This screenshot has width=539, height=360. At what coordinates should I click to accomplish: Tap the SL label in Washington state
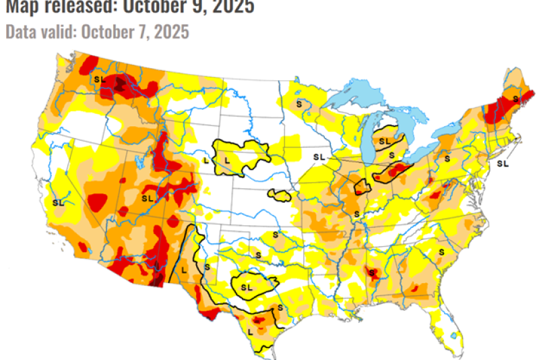[100, 79]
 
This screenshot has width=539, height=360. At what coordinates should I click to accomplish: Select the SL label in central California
[59, 202]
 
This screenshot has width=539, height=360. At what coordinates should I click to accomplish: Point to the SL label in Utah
[148, 198]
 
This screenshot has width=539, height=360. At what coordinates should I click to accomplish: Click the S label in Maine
[515, 98]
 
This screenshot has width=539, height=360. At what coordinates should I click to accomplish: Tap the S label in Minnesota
[299, 104]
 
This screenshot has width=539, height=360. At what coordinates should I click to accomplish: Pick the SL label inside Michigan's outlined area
[384, 141]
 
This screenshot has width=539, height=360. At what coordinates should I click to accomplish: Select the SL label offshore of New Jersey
[502, 163]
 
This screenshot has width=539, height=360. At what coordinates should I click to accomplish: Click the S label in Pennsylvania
[447, 157]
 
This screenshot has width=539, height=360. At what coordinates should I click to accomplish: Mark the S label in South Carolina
[442, 251]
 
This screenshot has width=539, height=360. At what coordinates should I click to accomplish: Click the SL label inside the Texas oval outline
[246, 287]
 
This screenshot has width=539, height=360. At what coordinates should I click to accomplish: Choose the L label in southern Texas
[251, 332]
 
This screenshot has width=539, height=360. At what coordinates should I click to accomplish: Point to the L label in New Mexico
[183, 269]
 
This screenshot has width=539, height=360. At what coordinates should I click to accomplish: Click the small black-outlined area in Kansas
[278, 196]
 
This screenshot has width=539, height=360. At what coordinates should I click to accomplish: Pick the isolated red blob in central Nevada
[98, 201]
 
